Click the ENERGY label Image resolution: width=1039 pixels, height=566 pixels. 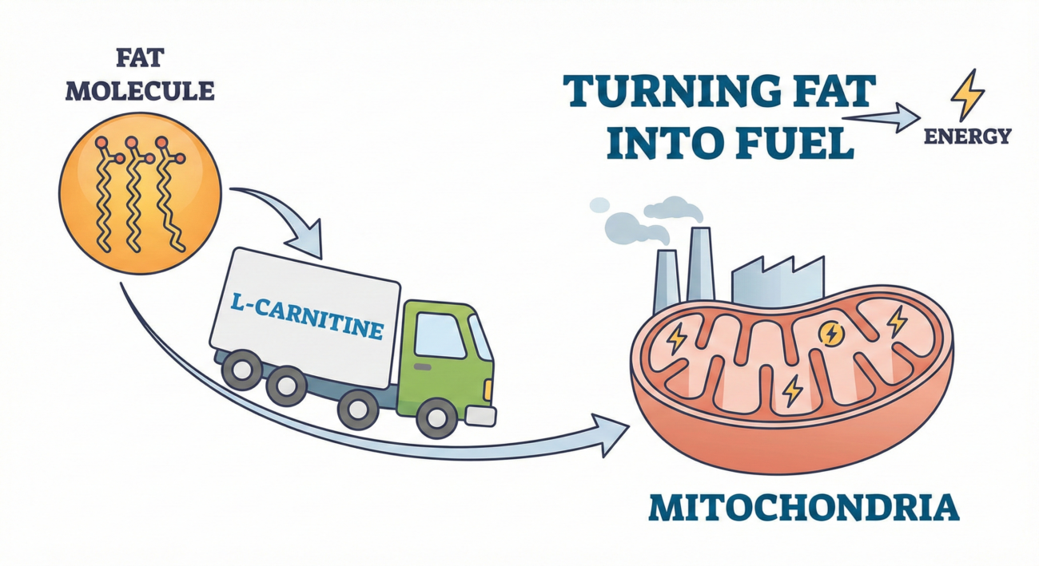[x=967, y=137]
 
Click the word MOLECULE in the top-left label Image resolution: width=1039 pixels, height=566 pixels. [x=139, y=89]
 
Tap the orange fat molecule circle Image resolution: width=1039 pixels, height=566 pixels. [x=140, y=195]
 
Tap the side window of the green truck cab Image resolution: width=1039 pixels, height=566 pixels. [x=440, y=334]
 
